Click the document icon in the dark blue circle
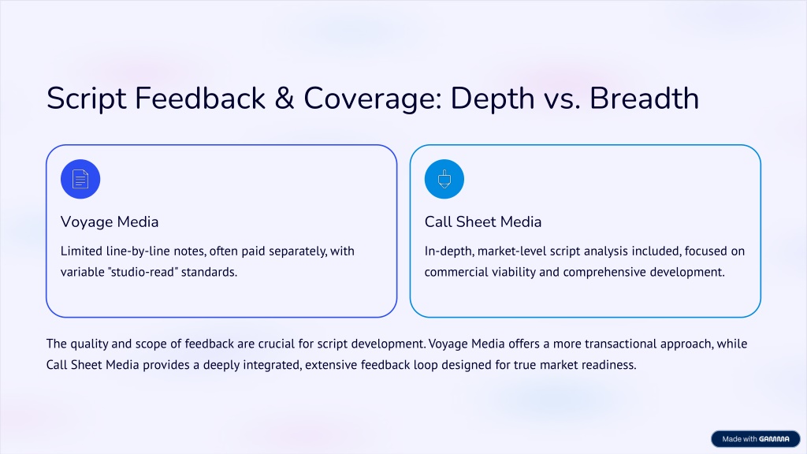(x=80, y=179)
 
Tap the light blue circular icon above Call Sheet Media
(x=444, y=179)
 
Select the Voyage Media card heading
(x=110, y=221)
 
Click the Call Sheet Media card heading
(x=483, y=221)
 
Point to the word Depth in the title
(x=493, y=99)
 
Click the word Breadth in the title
(x=645, y=98)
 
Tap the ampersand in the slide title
(x=284, y=99)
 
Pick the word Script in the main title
(x=87, y=99)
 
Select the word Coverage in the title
(x=373, y=99)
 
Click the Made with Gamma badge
(x=756, y=439)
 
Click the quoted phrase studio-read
(x=143, y=272)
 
